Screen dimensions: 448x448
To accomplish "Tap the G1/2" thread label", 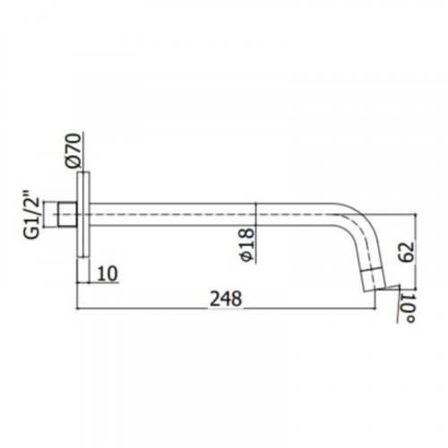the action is pyautogui.click(x=32, y=214).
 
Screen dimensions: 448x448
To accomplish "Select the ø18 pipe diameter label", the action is pyautogui.click(x=247, y=246).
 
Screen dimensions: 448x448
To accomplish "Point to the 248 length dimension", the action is pyautogui.click(x=226, y=299).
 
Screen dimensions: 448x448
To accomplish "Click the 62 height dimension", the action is pyautogui.click(x=407, y=253).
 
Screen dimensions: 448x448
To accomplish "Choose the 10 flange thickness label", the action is pyautogui.click(x=108, y=273).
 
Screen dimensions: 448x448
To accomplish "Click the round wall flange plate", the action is pyautogui.click(x=83, y=214).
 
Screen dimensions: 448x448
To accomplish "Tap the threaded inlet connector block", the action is pyautogui.click(x=68, y=214).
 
